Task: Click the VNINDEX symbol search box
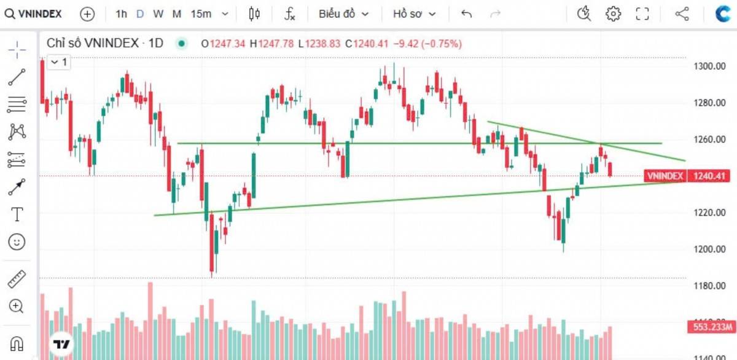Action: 34,14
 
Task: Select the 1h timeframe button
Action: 122,14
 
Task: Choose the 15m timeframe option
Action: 201,14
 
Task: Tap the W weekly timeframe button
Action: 158,14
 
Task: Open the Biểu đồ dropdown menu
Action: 343,14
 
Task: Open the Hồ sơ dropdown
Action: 415,14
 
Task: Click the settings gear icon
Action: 613,14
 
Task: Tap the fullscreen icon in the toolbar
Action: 642,14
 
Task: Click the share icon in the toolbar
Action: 682,14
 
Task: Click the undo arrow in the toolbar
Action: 467,14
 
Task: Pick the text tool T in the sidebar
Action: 17,214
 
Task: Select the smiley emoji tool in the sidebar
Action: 17,242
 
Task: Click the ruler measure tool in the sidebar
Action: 17,280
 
